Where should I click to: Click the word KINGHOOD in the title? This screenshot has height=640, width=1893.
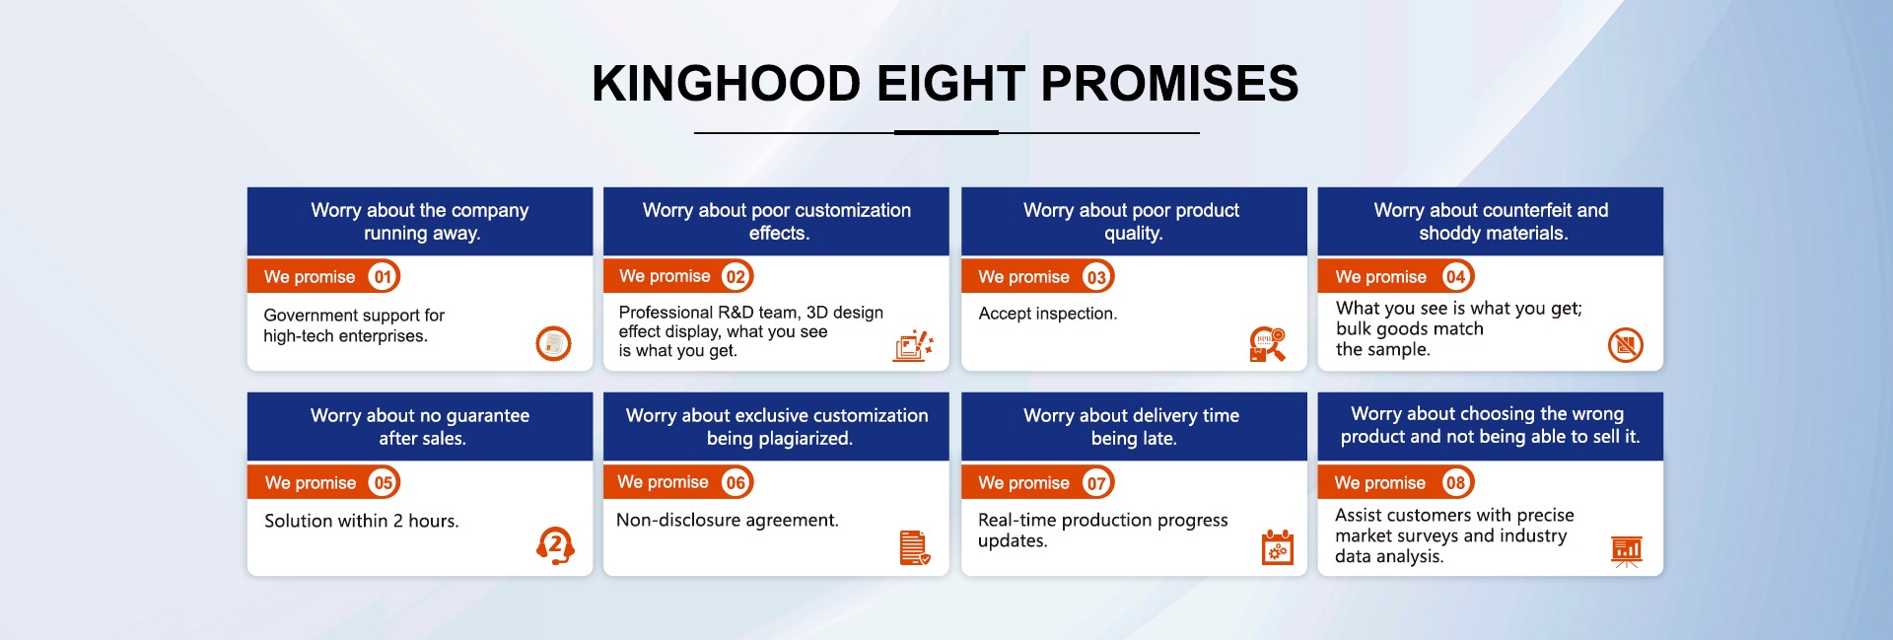tap(727, 83)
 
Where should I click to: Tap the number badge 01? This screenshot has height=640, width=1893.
tap(383, 277)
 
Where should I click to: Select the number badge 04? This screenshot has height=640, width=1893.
tap(1455, 277)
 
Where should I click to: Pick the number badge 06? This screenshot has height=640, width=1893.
tap(736, 482)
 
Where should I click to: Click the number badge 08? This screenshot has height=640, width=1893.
tap(1455, 482)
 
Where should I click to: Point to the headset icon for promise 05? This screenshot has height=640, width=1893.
tap(555, 545)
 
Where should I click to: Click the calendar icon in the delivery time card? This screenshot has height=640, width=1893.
tap(1278, 547)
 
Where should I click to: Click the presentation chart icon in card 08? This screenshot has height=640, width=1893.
tap(1627, 551)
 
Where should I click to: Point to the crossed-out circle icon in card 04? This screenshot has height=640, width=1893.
tap(1626, 344)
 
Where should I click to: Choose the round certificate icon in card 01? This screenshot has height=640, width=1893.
tap(553, 343)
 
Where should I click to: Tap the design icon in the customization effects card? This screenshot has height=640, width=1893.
tap(913, 345)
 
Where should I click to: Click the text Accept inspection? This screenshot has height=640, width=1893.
tap(1048, 314)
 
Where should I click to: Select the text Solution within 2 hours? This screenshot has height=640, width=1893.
tap(362, 521)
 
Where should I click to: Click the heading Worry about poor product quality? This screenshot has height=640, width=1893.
tap(1132, 222)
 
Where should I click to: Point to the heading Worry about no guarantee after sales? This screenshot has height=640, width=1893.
tap(420, 427)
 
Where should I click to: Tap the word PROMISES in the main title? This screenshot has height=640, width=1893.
tap(1170, 83)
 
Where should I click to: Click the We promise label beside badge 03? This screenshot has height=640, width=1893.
tap(1023, 277)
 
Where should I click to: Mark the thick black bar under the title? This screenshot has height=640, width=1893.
tap(946, 132)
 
